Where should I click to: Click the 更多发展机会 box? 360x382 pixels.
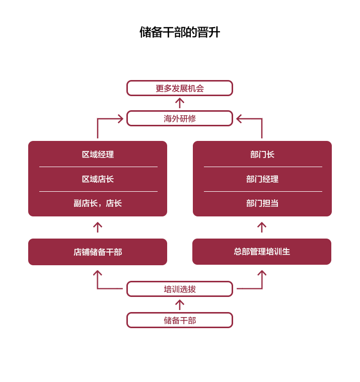click(180, 88)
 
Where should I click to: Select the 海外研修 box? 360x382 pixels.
click(180, 118)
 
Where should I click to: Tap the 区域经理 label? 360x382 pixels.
click(98, 155)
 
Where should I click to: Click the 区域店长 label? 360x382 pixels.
click(98, 179)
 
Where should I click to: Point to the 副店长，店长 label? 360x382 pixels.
click(98, 203)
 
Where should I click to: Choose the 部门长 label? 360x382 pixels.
click(262, 155)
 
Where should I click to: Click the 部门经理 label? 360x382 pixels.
click(262, 179)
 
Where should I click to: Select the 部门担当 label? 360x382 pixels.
click(262, 203)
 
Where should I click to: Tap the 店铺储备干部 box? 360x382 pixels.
click(98, 252)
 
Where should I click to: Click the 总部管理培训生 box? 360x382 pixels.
click(262, 251)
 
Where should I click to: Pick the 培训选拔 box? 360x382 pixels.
click(180, 289)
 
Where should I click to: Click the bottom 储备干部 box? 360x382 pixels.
click(180, 320)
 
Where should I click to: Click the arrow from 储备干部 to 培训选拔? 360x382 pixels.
click(180, 304)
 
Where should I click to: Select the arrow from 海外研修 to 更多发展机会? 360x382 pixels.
click(180, 103)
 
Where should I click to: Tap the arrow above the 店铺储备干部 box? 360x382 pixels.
click(98, 227)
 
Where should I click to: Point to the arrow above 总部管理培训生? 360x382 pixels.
click(262, 227)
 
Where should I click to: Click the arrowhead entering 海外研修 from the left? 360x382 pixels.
click(120, 119)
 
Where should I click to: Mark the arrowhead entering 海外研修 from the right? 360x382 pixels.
click(240, 119)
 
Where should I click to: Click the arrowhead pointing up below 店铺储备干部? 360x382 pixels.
click(98, 274)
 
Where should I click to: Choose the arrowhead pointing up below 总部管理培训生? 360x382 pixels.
click(262, 274)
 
